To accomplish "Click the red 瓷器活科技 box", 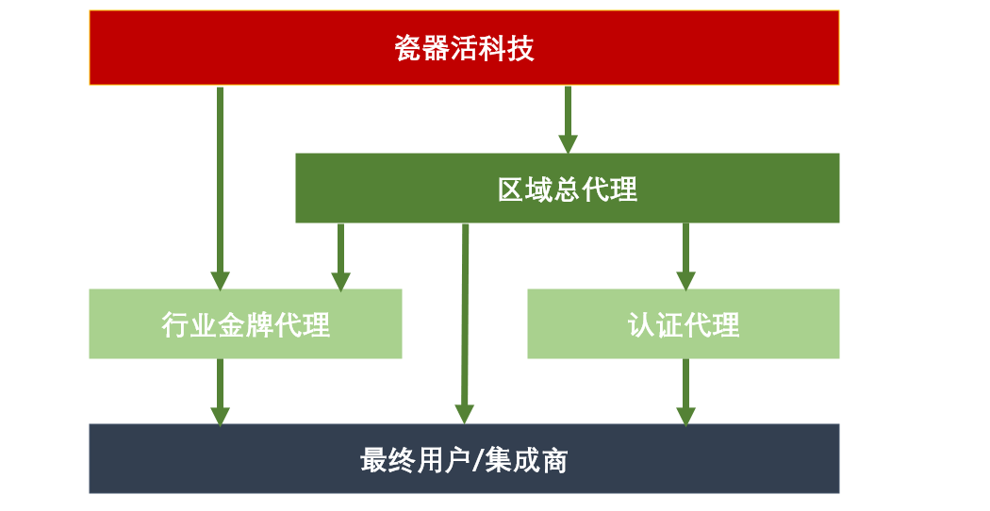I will tap(464, 47).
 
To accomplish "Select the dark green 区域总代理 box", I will tap(567, 188).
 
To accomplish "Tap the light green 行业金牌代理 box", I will tap(245, 323).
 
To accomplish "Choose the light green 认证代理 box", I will tap(683, 323).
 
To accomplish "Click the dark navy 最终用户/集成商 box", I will tap(464, 458).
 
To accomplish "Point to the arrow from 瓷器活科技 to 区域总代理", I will tap(568, 119).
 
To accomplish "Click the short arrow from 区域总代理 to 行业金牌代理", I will tap(340, 255).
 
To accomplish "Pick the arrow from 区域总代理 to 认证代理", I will tap(685, 255).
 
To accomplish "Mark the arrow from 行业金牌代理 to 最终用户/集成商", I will tap(220, 390).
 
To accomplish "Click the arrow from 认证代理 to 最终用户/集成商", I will tap(685, 390).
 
